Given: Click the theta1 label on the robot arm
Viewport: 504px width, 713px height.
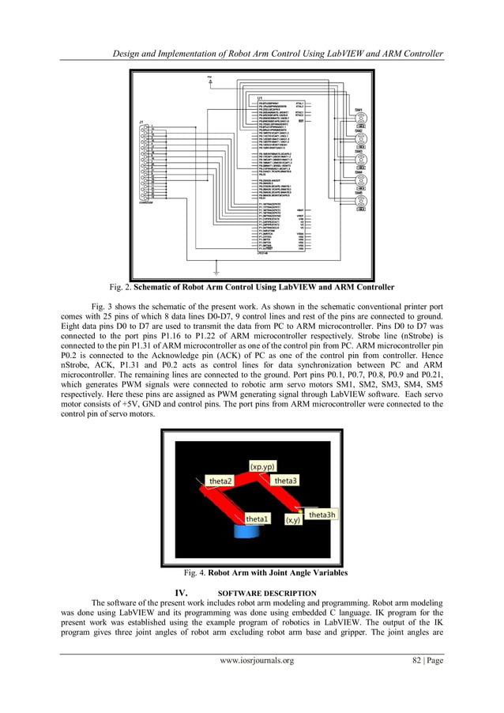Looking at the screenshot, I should click(x=258, y=519).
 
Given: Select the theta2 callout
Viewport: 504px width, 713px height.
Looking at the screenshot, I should click(x=220, y=481).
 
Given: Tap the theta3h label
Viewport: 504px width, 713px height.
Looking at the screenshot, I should click(x=322, y=515).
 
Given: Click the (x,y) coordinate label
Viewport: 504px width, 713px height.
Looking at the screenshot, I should click(x=291, y=520).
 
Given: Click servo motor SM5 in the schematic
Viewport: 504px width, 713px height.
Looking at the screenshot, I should click(x=360, y=202).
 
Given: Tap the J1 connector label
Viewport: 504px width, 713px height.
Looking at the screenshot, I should click(x=141, y=121).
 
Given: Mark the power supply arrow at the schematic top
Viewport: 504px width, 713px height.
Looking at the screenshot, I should click(x=209, y=79).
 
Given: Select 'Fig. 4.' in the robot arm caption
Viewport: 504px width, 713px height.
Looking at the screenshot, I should click(x=195, y=572).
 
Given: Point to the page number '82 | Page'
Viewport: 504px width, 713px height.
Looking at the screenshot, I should click(x=422, y=661).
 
